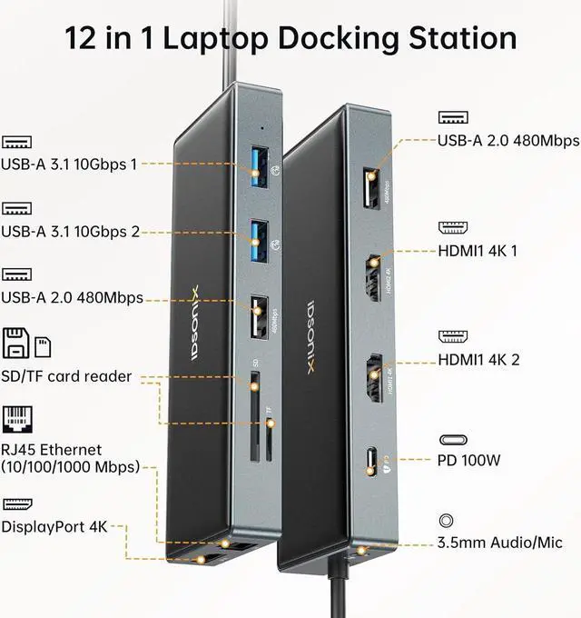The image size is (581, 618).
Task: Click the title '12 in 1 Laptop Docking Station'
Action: [290, 37]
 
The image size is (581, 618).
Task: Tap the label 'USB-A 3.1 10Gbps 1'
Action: [69, 164]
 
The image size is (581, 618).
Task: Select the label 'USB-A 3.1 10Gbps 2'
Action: [70, 231]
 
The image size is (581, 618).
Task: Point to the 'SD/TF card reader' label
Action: [66, 376]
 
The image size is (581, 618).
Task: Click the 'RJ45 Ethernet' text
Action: [52, 449]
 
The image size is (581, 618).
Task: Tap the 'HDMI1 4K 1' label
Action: [478, 250]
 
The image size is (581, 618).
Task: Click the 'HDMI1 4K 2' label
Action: [478, 360]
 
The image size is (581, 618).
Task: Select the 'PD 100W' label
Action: [468, 460]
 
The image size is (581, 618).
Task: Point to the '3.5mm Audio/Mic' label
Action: [499, 543]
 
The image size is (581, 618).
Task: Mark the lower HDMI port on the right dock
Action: [372, 377]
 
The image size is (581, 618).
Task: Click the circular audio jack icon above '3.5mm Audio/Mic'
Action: [446, 522]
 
